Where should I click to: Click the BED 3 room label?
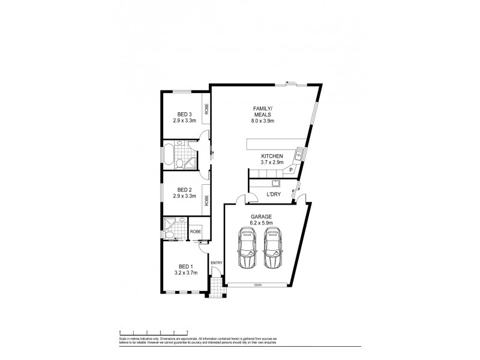pos(184,115)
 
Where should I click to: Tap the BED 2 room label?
pos(184,190)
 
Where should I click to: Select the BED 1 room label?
pos(186,266)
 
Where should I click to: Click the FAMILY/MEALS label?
pos(262,112)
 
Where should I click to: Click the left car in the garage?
pos(247,247)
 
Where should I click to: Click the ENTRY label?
pos(216,262)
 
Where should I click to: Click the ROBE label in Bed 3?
pos(206,109)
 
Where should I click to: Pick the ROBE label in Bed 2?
pos(206,200)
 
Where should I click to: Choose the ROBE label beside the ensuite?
pos(196,231)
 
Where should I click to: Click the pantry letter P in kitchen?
pos(291,170)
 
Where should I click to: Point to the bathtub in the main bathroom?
pos(169,155)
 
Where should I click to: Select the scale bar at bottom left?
pos(154,331)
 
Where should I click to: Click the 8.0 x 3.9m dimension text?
pos(262,121)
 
